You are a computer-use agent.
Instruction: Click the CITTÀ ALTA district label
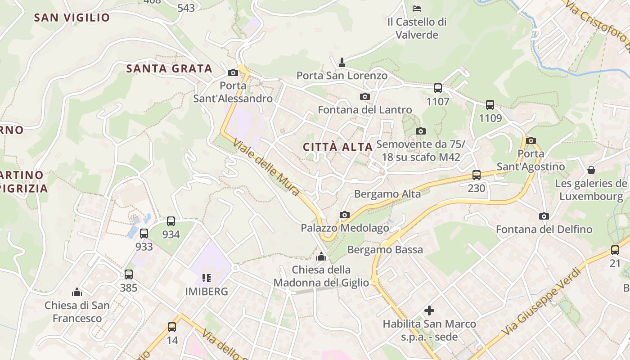pyautogui.click(x=337, y=147)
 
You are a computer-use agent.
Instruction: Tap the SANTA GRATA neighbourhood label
pyautogui.click(x=169, y=69)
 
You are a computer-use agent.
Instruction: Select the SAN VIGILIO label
pyautogui.click(x=72, y=18)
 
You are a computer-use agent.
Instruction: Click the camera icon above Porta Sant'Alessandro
pyautogui.click(x=233, y=72)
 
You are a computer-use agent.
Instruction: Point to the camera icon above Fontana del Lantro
pyautogui.click(x=365, y=96)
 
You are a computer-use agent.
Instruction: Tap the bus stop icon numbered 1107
pyautogui.click(x=438, y=88)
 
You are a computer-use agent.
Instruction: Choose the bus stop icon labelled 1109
pyautogui.click(x=490, y=105)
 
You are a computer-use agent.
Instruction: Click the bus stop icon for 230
pyautogui.click(x=477, y=175)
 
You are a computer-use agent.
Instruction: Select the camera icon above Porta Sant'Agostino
pyautogui.click(x=531, y=140)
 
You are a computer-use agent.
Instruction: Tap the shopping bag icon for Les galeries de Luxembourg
pyautogui.click(x=591, y=170)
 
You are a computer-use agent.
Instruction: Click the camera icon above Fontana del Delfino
pyautogui.click(x=544, y=216)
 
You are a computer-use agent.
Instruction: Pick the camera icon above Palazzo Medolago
pyautogui.click(x=345, y=215)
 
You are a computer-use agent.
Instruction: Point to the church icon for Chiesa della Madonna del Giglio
pyautogui.click(x=321, y=257)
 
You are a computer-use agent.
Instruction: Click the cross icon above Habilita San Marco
pyautogui.click(x=429, y=310)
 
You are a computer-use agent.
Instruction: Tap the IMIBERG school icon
pyautogui.click(x=207, y=278)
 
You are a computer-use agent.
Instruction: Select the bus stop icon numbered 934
pyautogui.click(x=171, y=221)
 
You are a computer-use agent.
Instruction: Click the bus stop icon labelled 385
pyautogui.click(x=129, y=274)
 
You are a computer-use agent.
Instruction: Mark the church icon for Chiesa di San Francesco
pyautogui.click(x=77, y=292)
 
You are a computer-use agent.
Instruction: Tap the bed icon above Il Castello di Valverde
pyautogui.click(x=417, y=8)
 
